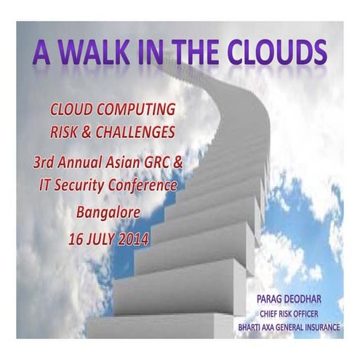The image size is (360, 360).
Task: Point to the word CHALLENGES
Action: [x=153, y=135]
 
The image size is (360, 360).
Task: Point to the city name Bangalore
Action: [x=111, y=212]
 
